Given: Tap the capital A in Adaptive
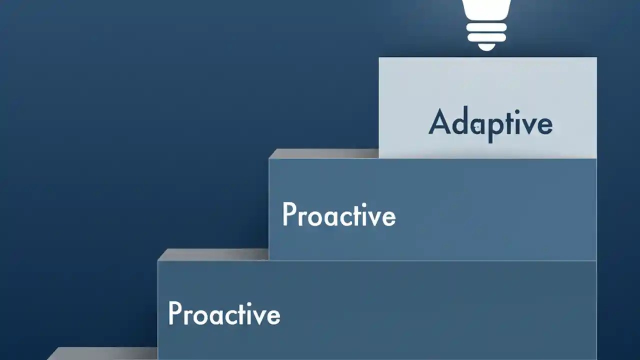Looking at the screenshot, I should click(439, 121).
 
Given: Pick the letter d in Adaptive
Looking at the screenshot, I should click(458, 122).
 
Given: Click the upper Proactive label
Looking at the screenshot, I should click(338, 214).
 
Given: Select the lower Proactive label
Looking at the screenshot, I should click(224, 313).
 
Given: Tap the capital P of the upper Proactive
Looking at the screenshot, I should click(289, 213).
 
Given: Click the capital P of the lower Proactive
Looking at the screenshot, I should click(174, 312).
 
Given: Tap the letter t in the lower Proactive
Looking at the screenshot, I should click(239, 314).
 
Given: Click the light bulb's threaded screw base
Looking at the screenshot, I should click(486, 31).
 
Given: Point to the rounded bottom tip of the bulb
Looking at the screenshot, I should click(486, 47).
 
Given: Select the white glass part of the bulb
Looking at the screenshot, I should click(486, 7).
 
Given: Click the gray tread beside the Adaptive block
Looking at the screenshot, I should click(325, 154).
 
